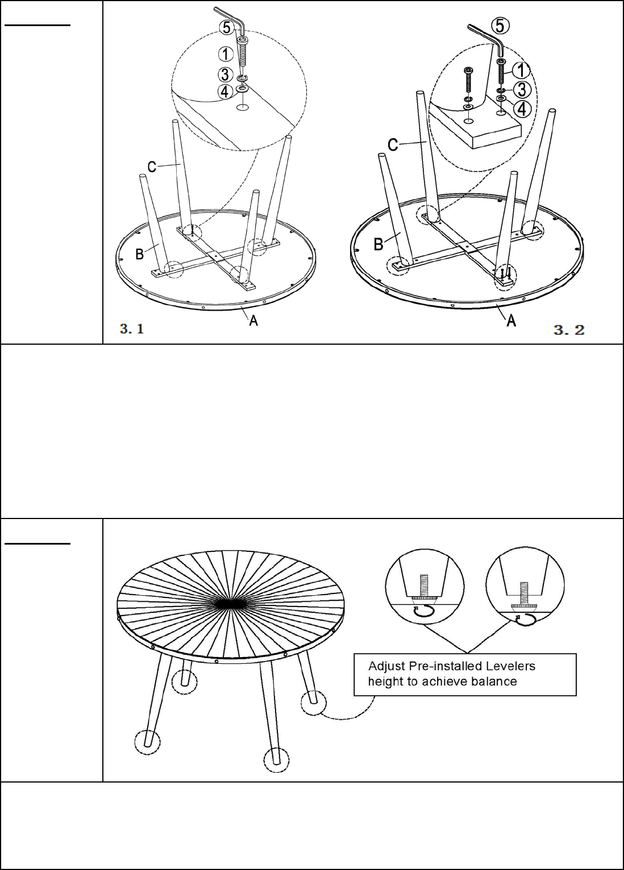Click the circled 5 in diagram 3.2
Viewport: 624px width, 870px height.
pyautogui.click(x=501, y=26)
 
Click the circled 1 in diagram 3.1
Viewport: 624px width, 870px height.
pyautogui.click(x=226, y=54)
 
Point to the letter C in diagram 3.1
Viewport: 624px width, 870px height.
pyautogui.click(x=152, y=167)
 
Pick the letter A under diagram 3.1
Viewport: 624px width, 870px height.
pyautogui.click(x=253, y=320)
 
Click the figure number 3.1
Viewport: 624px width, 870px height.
pyautogui.click(x=132, y=329)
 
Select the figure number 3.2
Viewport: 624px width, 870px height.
pyautogui.click(x=569, y=329)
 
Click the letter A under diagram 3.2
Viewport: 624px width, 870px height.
pyautogui.click(x=511, y=321)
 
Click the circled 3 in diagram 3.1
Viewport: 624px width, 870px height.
pyautogui.click(x=226, y=74)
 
